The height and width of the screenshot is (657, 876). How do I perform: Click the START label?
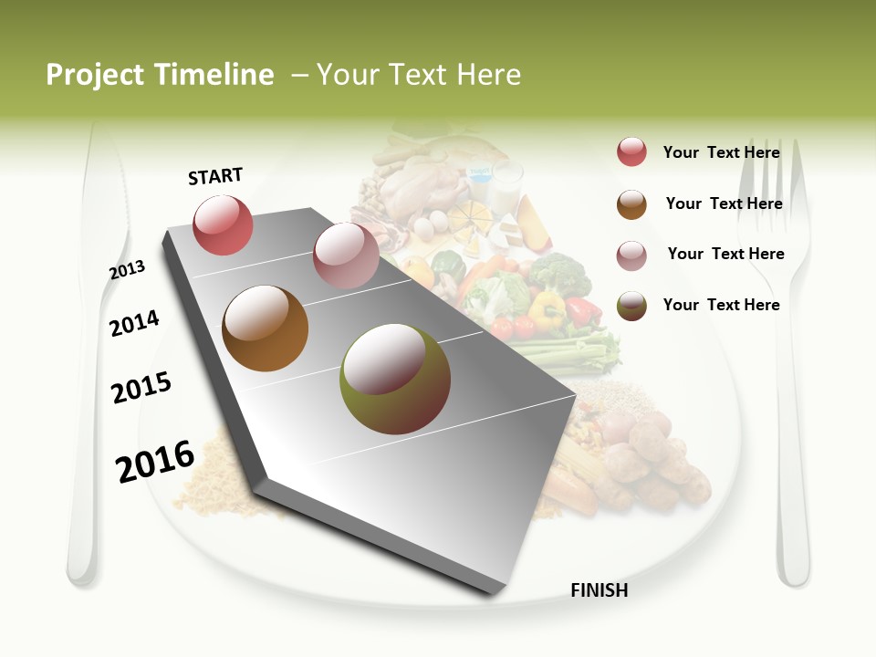[215, 176]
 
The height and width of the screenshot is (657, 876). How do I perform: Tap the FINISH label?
[599, 590]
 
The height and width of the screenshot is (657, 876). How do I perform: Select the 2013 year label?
[127, 270]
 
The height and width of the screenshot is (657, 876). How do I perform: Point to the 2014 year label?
[134, 323]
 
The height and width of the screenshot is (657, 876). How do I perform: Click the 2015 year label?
[141, 388]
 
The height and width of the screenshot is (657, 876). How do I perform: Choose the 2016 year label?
[155, 461]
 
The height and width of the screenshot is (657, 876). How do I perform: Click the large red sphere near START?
[223, 224]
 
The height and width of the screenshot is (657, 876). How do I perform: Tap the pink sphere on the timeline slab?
[346, 255]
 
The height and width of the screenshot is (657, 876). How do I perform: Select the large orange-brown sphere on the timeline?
[265, 328]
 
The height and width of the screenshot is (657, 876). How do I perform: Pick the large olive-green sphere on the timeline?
[395, 379]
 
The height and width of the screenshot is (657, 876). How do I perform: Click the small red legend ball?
[631, 152]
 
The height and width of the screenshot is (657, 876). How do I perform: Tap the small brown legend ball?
[631, 204]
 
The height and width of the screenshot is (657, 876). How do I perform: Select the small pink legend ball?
[631, 255]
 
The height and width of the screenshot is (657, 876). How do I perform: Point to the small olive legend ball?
[631, 306]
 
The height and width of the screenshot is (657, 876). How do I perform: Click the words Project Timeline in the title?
[160, 75]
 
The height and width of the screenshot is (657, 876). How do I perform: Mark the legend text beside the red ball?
[721, 152]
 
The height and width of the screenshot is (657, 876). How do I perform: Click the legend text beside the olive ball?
[721, 305]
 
